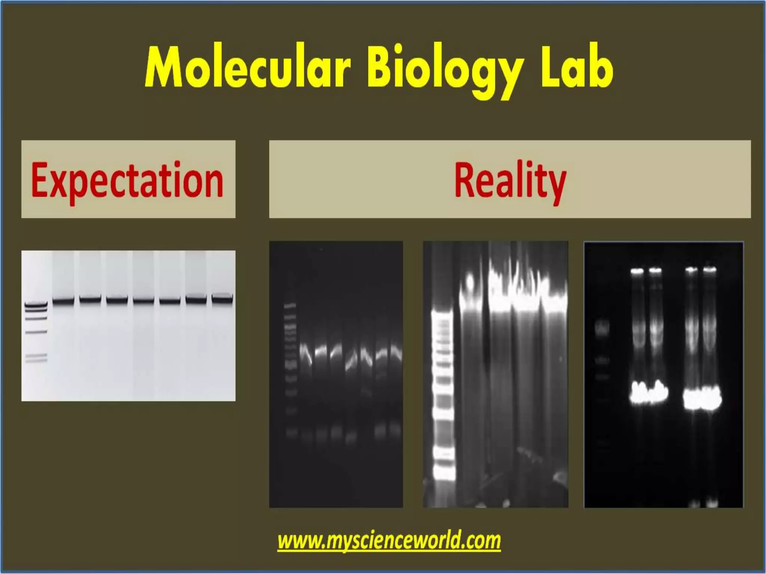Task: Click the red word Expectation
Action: (127, 180)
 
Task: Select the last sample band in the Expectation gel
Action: (222, 298)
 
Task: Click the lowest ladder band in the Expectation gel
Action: (36, 361)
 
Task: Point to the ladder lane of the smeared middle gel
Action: (443, 396)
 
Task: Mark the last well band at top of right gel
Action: (710, 269)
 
